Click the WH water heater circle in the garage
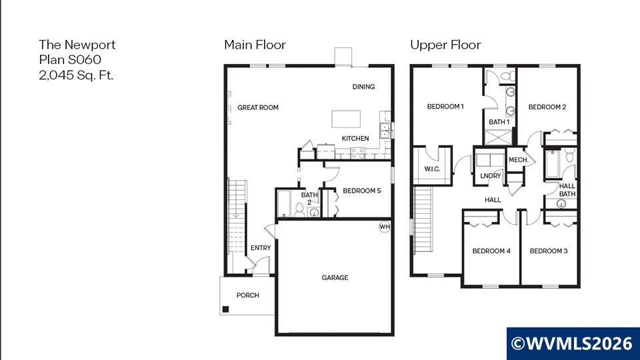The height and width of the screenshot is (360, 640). (385, 227)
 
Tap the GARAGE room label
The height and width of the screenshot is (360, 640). (335, 277)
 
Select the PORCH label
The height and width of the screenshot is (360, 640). (248, 295)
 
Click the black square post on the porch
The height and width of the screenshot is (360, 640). (225, 309)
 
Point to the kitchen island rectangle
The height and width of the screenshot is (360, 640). (346, 119)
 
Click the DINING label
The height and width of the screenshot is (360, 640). (364, 87)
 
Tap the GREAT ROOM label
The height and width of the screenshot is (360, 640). (258, 107)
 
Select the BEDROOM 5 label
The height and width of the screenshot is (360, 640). (361, 191)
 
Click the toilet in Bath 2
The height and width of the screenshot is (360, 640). (299, 210)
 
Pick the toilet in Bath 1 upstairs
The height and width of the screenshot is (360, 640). (508, 76)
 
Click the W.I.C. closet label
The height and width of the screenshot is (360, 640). (432, 169)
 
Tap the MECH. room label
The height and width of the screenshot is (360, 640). (519, 159)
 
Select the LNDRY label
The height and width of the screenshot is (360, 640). (490, 175)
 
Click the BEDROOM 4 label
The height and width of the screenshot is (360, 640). (491, 251)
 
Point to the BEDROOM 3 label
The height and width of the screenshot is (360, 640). (549, 251)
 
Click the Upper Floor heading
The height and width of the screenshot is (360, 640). (445, 45)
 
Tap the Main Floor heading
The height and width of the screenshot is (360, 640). (255, 45)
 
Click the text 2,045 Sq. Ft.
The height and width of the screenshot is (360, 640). (76, 75)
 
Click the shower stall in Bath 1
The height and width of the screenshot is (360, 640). (498, 137)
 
